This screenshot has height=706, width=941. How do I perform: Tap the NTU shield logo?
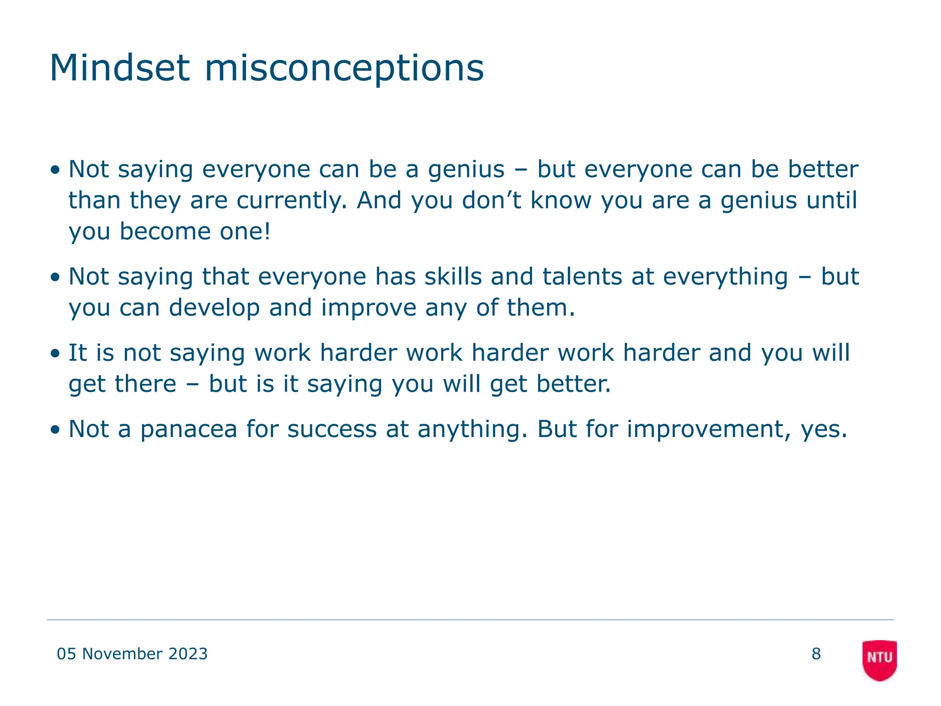(879, 660)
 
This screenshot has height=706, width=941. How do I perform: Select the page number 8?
(816, 654)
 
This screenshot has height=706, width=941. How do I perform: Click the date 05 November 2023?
(132, 654)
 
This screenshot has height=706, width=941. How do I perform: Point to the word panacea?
(188, 429)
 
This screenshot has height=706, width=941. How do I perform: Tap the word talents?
(582, 277)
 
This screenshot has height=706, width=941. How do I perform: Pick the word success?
(332, 429)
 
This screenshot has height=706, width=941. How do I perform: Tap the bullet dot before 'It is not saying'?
(55, 354)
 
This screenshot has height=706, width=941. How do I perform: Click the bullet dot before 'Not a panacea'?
(55, 430)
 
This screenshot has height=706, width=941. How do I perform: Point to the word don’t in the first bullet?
(491, 200)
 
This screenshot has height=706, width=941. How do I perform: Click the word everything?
(726, 277)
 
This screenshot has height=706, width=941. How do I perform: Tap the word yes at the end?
(823, 430)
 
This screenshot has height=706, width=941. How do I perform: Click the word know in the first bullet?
(561, 200)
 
